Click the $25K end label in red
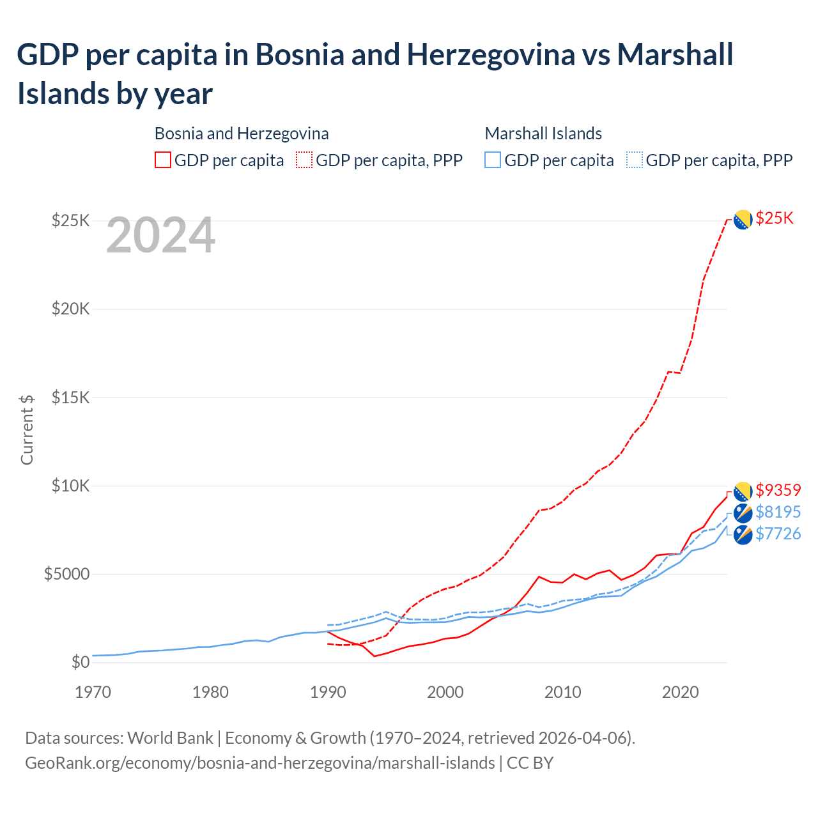point(774,218)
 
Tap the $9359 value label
point(778,490)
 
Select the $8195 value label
point(778,512)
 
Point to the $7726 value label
point(778,534)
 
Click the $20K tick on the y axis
point(71,309)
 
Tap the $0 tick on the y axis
point(80,662)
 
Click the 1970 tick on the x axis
point(93,692)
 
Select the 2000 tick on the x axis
point(445,692)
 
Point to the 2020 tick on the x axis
point(680,692)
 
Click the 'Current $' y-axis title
point(27,429)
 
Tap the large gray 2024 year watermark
point(160,236)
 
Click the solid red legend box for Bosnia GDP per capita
point(163,160)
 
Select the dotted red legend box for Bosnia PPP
point(304,160)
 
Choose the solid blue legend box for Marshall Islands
point(493,160)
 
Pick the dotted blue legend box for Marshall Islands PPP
point(635,160)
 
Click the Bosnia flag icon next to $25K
point(742,219)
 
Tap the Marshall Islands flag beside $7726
point(743,535)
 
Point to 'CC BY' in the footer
point(530,763)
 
